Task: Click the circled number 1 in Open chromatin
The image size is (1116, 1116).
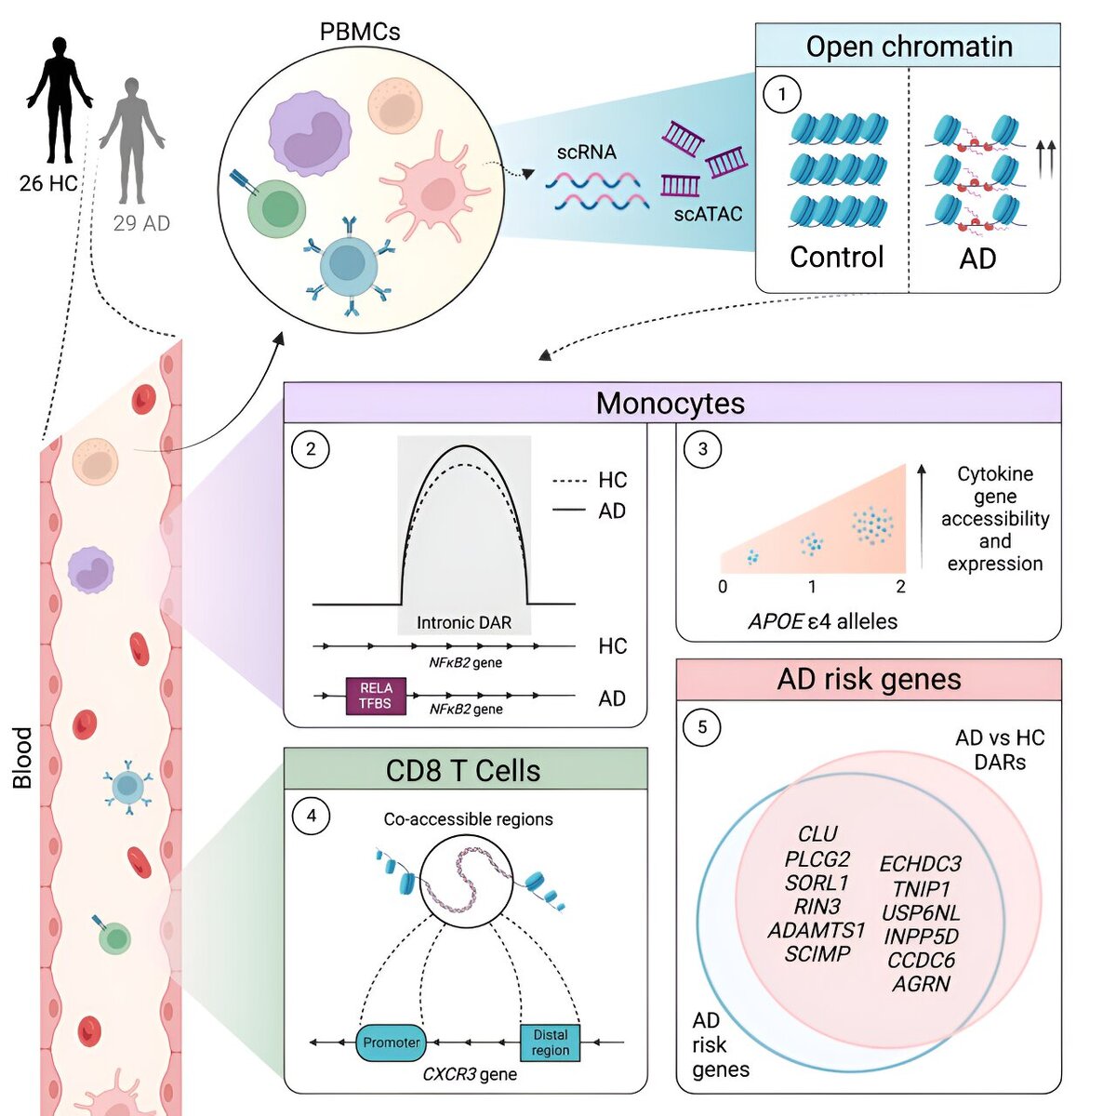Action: coord(782,94)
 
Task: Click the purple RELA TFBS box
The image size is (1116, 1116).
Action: coord(376,696)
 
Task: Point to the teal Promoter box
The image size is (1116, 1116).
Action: coord(392,1043)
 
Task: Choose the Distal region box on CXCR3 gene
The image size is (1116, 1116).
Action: coord(550,1042)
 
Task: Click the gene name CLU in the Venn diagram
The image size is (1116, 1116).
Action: coord(818,833)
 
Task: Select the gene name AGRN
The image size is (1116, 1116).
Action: coord(921,984)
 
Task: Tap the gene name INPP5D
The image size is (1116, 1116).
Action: coord(921,937)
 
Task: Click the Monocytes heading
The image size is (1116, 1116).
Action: coord(671,403)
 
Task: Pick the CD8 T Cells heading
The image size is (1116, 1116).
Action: coord(463,770)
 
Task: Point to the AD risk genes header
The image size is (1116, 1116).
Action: coord(869,679)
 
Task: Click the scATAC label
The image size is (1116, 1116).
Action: coord(709,214)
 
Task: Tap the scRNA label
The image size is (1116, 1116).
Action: coord(586,152)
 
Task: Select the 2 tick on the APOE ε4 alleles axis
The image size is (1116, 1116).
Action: coord(900,587)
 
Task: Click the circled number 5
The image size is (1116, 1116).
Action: coord(702,727)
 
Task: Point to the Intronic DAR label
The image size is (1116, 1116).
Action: coord(464,622)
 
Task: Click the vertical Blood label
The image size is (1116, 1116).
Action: coord(22,758)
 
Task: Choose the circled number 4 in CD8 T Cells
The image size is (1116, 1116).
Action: coord(311,816)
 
